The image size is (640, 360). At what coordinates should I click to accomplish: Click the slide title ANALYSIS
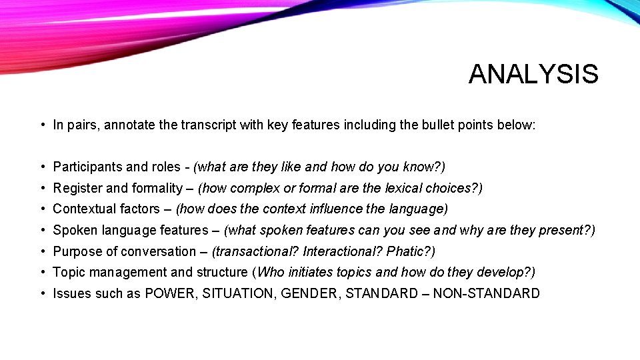[x=533, y=74]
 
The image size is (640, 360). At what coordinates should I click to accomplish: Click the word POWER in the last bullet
[x=171, y=293]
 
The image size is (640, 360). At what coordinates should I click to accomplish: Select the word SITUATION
[x=239, y=293]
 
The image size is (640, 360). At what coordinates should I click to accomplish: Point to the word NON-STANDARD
[x=486, y=293]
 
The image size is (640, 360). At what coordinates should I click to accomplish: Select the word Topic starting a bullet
[x=67, y=272]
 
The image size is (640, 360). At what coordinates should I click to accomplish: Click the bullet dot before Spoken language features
[x=42, y=230]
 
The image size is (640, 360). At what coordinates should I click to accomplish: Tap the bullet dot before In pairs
[x=42, y=125]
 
